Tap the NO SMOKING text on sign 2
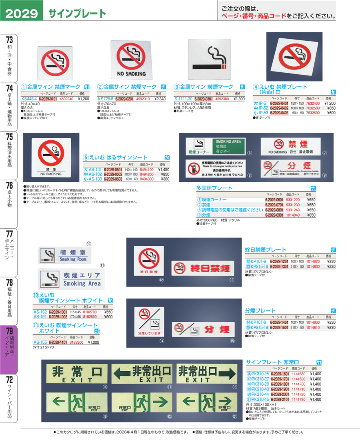(x=131, y=74)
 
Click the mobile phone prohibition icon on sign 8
(x=194, y=168)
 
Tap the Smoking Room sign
(x=64, y=255)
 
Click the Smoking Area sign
(x=71, y=279)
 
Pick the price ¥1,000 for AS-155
(x=93, y=342)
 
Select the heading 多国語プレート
(x=214, y=188)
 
